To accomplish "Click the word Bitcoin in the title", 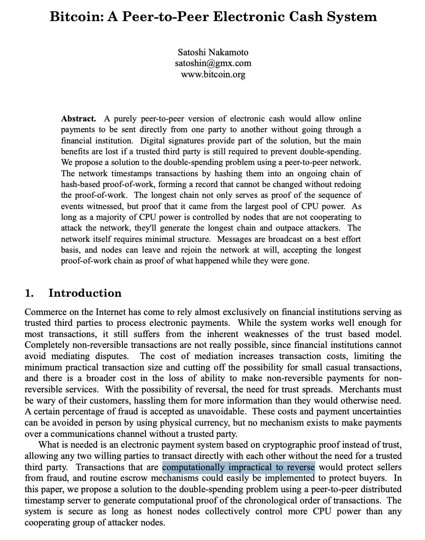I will pos(77,17).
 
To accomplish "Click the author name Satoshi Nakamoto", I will pos(213,52).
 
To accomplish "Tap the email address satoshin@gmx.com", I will pos(213,63).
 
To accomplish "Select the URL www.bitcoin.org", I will pos(213,74).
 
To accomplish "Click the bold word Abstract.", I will pos(78,119).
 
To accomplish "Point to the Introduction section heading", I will pos(85,293).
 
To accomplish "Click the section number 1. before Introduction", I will pos(29,293).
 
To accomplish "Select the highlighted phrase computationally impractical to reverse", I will pos(238,467).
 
